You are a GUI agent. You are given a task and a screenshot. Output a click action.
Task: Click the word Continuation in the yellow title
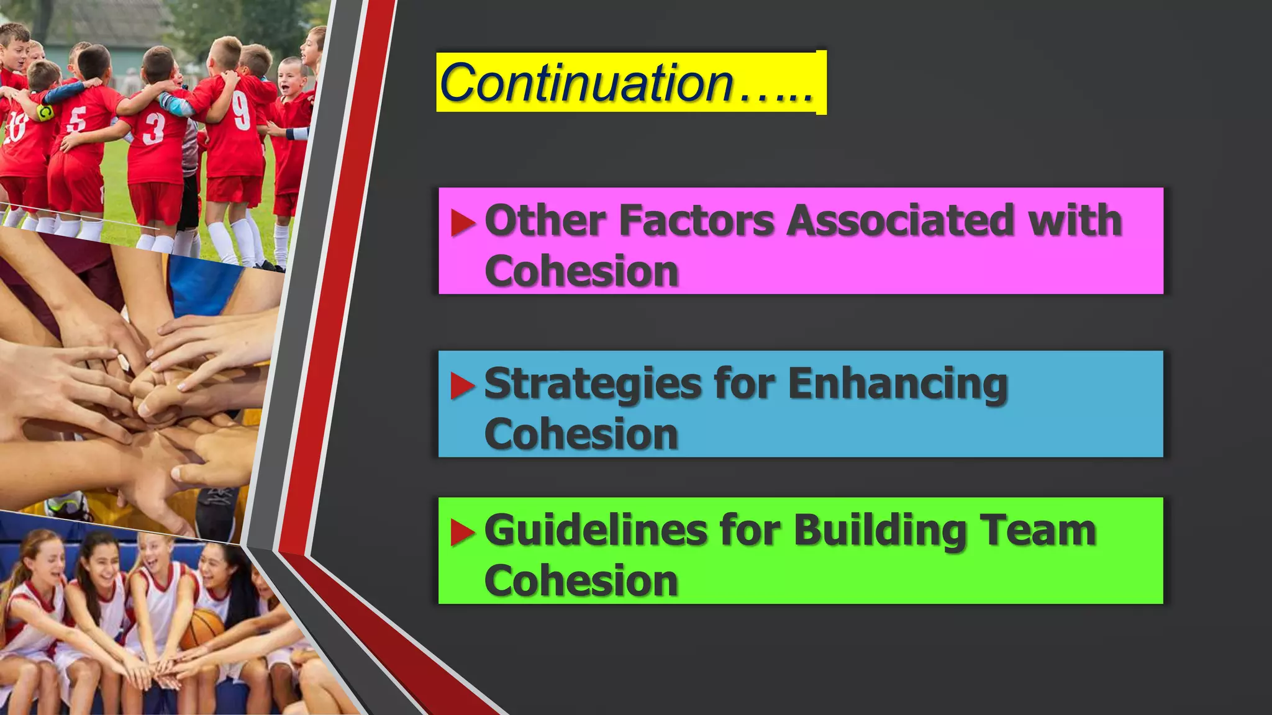[x=586, y=83]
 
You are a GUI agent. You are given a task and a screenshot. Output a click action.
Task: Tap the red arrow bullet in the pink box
[x=463, y=223]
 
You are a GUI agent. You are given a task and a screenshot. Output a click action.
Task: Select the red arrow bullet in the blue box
[x=463, y=385]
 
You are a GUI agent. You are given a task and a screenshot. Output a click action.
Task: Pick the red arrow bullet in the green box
[x=463, y=532]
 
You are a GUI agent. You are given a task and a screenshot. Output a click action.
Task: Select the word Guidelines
[x=596, y=531]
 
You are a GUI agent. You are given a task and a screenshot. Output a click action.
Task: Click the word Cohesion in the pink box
[x=581, y=271]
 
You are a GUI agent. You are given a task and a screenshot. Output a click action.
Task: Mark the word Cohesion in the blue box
[x=581, y=434]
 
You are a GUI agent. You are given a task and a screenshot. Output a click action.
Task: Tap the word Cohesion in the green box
[x=581, y=581]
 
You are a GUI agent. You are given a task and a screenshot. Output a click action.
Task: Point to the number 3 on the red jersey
[x=153, y=129]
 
